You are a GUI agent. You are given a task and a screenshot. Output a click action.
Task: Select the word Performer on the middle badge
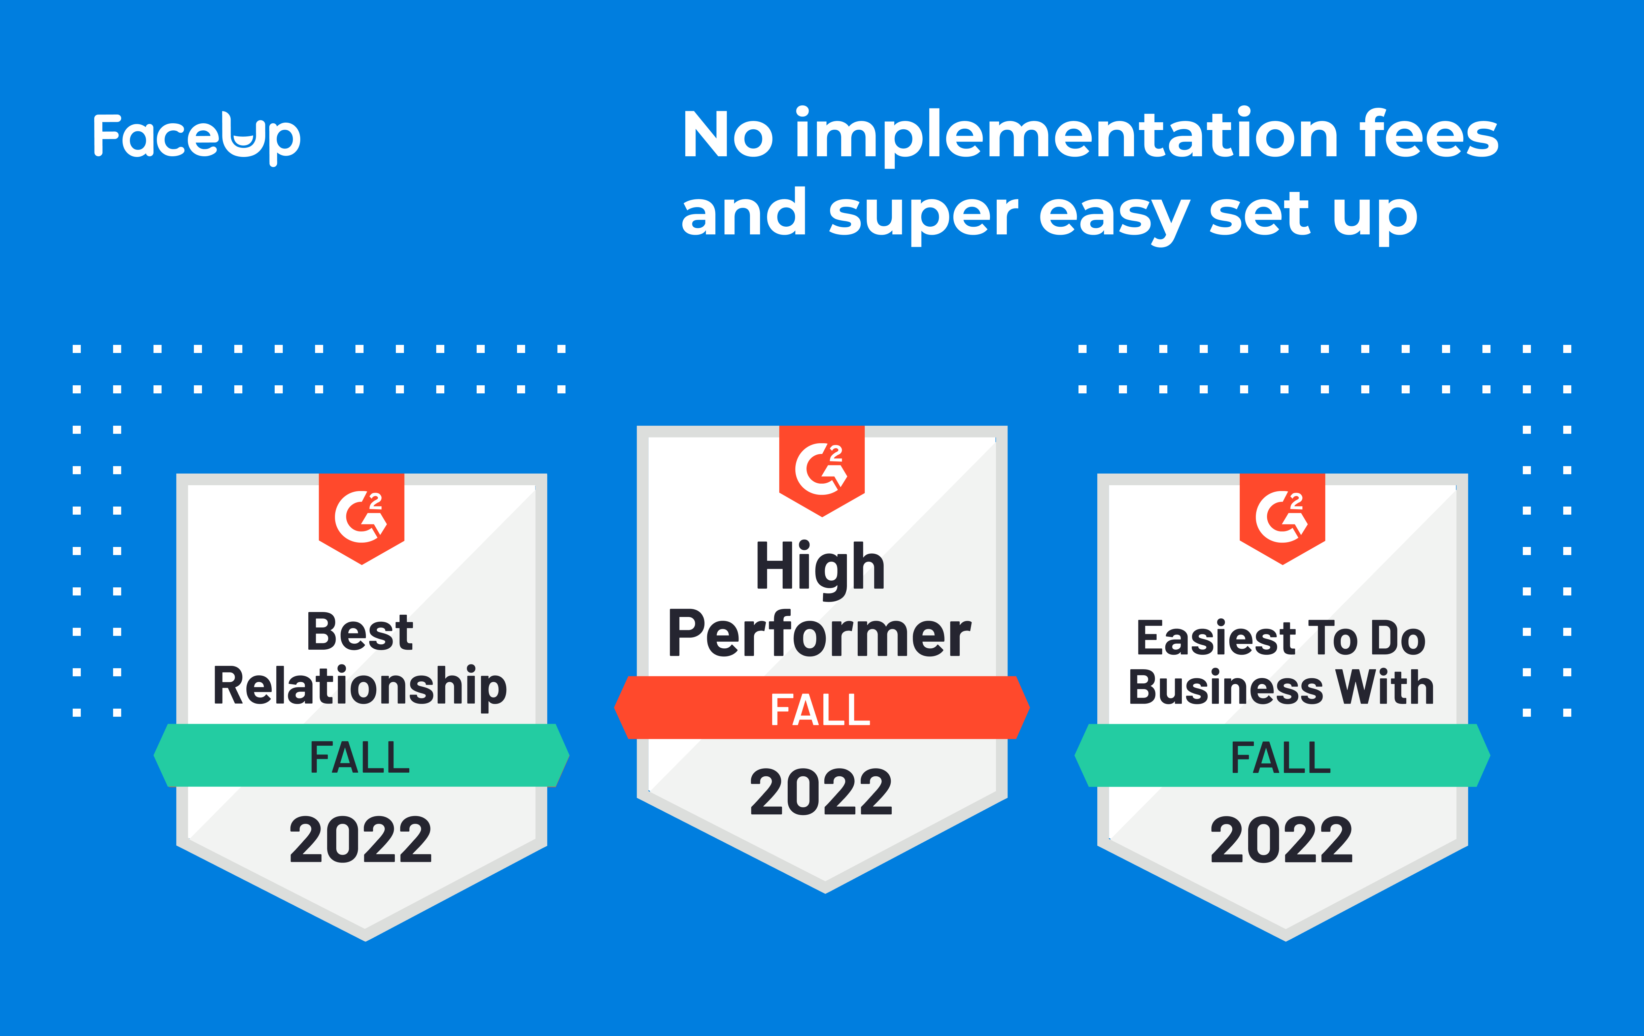(819, 635)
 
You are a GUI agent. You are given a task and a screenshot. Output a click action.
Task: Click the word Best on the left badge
(360, 632)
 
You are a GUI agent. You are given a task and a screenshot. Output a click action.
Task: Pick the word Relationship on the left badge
(360, 686)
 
